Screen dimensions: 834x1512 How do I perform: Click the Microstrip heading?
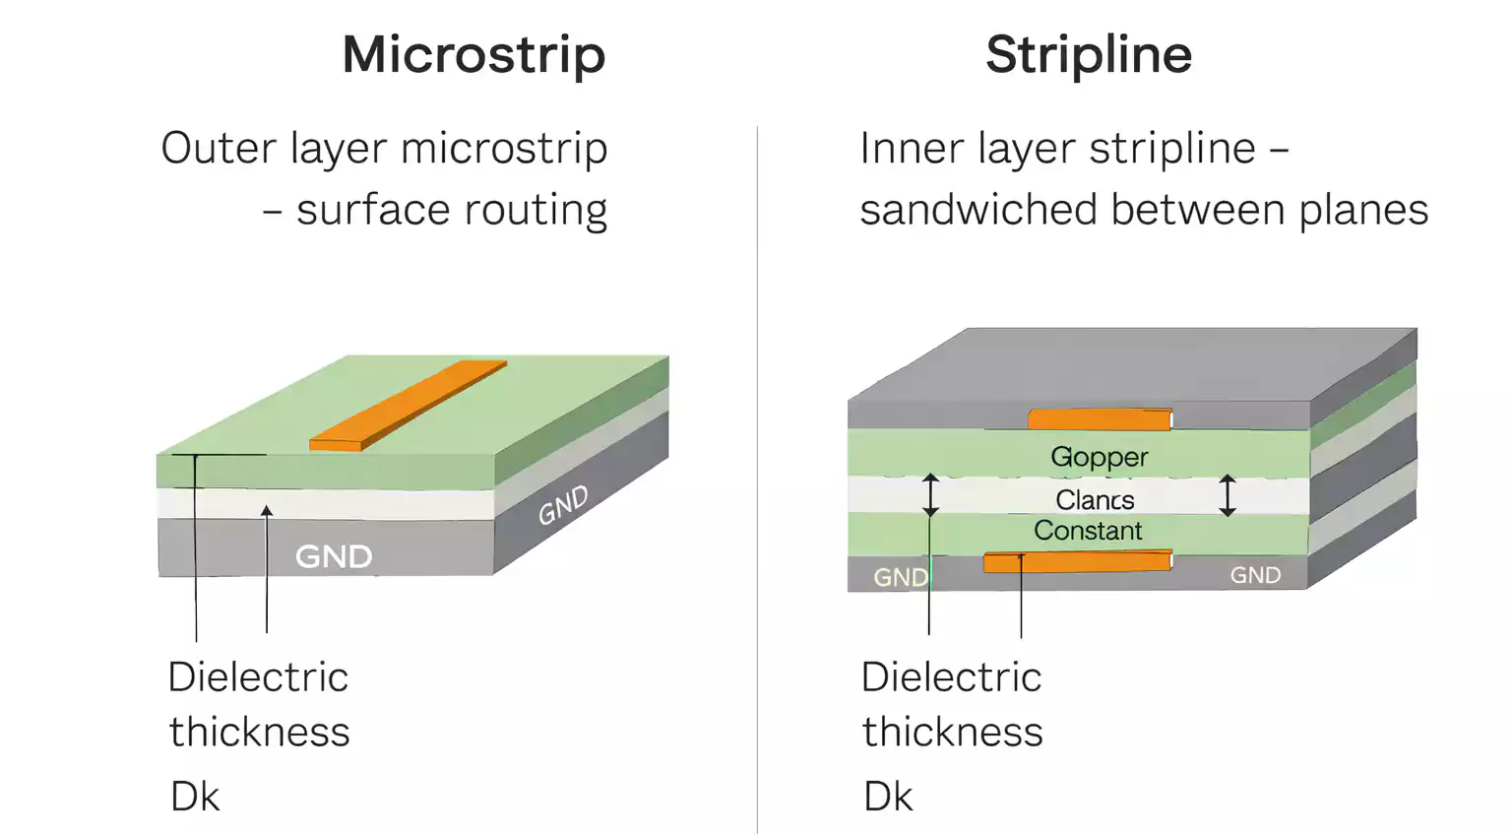pos(473,54)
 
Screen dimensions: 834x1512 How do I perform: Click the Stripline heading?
pos(1089,54)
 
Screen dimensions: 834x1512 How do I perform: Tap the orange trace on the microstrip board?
pos(408,406)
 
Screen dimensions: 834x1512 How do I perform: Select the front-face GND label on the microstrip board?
pos(334,556)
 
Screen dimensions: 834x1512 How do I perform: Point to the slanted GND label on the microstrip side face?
pos(563,505)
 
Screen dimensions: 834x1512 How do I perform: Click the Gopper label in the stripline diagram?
pos(1099,457)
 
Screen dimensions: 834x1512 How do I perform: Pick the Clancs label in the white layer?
pos(1095,500)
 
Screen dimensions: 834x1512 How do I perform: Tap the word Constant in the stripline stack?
pos(1088,531)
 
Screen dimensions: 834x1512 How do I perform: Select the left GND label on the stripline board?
pos(900,577)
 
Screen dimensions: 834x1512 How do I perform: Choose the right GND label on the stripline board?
pos(1255,575)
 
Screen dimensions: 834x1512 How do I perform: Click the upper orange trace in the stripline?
pos(1100,420)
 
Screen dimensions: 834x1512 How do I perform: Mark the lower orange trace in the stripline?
pos(1077,562)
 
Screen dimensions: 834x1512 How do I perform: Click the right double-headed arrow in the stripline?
pos(1227,495)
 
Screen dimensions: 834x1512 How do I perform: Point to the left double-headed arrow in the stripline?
pos(930,495)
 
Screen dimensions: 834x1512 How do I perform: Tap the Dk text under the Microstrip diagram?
pos(195,797)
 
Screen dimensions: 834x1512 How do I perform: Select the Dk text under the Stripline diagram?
pos(888,797)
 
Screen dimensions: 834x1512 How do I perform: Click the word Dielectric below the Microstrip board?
pos(258,677)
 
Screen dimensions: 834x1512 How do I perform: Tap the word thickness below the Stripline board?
pos(952,733)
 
